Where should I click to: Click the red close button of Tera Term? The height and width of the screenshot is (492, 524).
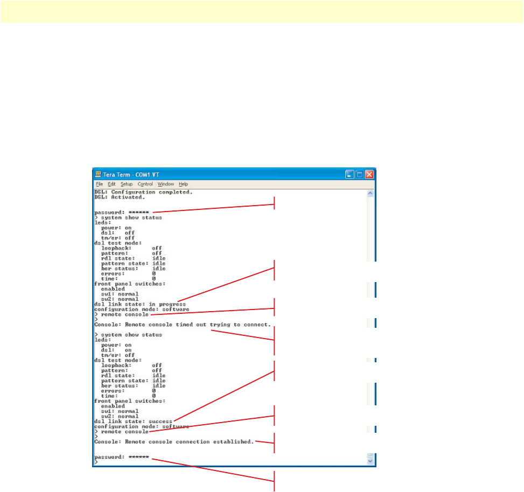point(369,174)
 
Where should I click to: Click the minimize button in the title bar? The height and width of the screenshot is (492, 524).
point(350,174)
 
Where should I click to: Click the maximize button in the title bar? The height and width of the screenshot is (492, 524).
point(360,174)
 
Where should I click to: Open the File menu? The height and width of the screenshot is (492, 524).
point(100,184)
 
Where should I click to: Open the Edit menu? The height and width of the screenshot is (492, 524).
point(111,184)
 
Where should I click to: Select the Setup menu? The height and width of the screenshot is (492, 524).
point(127,184)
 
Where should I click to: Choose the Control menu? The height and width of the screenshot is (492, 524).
point(145,184)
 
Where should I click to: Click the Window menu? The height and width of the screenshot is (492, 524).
point(166,184)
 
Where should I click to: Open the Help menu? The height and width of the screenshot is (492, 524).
point(183,184)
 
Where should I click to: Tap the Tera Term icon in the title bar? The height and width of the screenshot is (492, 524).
point(98,174)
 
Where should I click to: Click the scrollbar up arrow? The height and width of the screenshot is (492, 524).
point(370,192)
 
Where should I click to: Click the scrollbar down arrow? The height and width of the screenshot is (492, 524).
point(370,461)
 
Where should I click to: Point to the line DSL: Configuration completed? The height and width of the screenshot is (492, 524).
point(143,192)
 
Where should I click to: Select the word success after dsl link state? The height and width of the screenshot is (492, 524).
point(160,421)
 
